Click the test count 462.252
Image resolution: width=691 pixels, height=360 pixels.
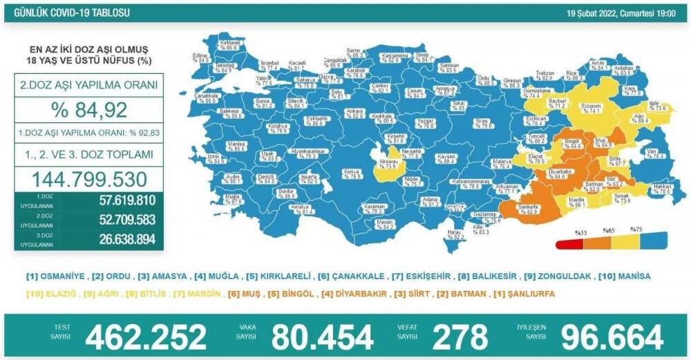click(x=145, y=337)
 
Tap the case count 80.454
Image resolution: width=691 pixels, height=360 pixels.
click(x=322, y=337)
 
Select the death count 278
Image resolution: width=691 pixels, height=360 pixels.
click(x=460, y=337)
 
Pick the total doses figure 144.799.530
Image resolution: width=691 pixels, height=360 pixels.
click(x=87, y=179)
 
